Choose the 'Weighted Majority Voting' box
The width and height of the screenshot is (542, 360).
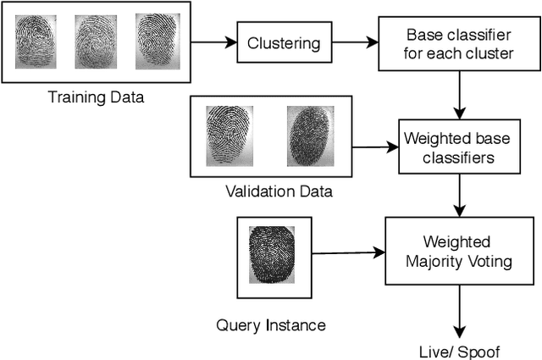pyautogui.click(x=461, y=252)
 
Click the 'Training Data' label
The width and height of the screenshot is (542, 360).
pyautogui.click(x=95, y=97)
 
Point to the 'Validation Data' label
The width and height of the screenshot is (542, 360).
pyautogui.click(x=279, y=191)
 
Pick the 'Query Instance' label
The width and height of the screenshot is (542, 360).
pyautogui.click(x=271, y=324)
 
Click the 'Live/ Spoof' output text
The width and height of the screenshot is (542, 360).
pyautogui.click(x=461, y=351)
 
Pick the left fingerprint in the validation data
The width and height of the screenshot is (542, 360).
pyautogui.click(x=229, y=134)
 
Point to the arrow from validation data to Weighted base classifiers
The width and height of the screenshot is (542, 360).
pyautogui.click(x=375, y=147)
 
